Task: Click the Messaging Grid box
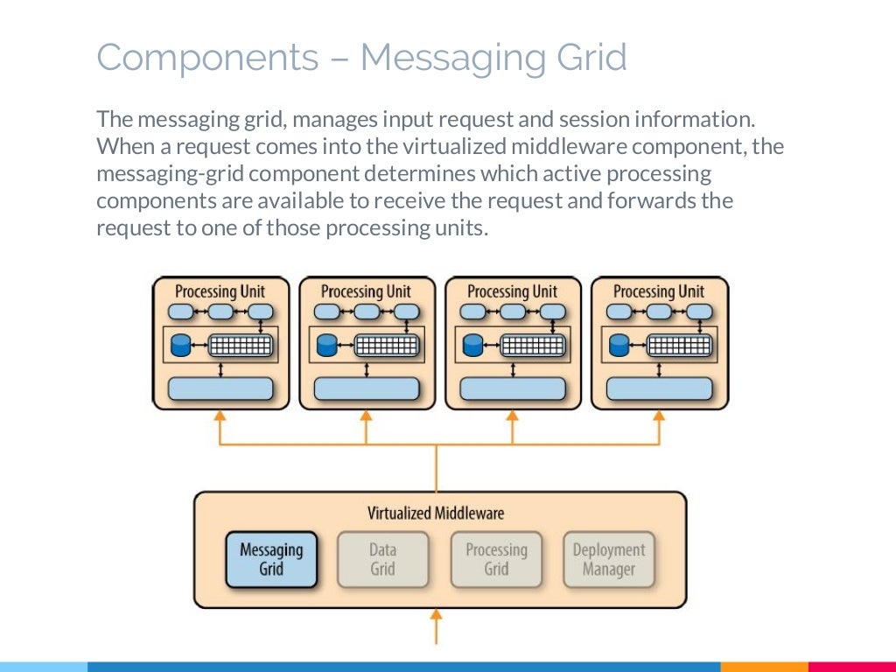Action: pos(271,559)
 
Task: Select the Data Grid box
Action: pos(382,559)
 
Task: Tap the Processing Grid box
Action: pos(496,559)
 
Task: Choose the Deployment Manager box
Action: pos(609,559)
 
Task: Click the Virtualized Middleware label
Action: pos(436,513)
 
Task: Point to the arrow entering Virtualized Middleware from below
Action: pos(436,626)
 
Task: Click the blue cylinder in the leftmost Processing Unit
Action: pos(180,345)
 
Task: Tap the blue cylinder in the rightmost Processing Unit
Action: pos(619,345)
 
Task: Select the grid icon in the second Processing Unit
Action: pos(387,345)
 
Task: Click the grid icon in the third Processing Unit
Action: pos(533,345)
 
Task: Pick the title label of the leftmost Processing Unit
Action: pos(220,292)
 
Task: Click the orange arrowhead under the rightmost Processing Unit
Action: pos(659,416)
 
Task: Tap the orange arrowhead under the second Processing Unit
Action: pos(367,416)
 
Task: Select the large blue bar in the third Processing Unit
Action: pos(513,388)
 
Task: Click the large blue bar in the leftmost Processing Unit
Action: pos(220,388)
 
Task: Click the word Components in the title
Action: pos(207,58)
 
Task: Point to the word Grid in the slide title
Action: pos(591,57)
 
